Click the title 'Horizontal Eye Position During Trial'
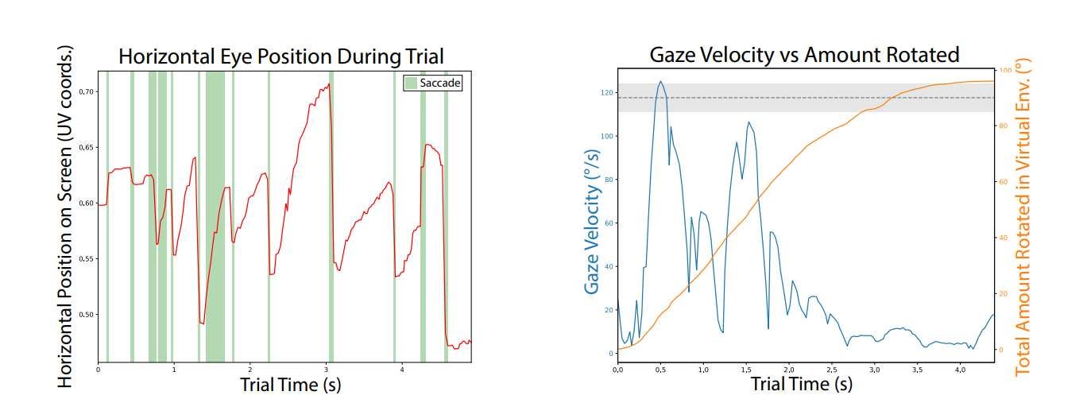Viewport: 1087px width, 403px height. point(280,56)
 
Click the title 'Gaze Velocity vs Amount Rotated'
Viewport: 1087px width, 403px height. point(804,54)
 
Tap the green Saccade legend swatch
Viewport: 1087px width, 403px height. point(410,82)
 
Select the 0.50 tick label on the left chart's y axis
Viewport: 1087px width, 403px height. point(87,315)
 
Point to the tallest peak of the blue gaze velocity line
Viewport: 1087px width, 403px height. point(660,81)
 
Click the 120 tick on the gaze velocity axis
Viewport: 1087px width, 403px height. point(607,92)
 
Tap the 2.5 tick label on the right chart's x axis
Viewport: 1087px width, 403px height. point(831,370)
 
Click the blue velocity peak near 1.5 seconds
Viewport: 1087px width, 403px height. point(748,122)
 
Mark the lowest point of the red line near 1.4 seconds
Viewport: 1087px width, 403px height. point(203,324)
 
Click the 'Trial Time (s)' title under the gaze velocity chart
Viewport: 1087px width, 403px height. point(801,385)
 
